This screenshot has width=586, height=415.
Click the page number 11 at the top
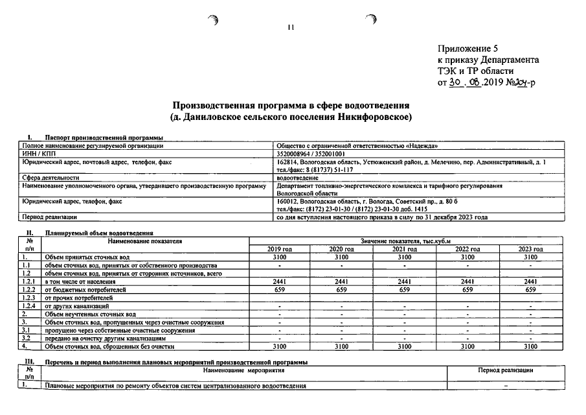pos(291,27)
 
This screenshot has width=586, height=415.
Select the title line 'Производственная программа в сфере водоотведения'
pos(291,106)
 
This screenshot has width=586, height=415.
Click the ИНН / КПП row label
pos(39,154)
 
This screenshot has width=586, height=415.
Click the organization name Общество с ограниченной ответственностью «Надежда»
pos(357,147)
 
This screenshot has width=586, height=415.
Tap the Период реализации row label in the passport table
pos(49,217)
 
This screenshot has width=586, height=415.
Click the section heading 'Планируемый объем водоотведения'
pos(98,232)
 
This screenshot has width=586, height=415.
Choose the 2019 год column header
pos(280,249)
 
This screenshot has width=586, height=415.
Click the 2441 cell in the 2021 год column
pos(405,281)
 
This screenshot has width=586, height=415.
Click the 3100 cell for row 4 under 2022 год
pos(468,346)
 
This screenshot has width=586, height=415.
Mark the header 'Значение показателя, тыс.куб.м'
pos(405,241)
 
